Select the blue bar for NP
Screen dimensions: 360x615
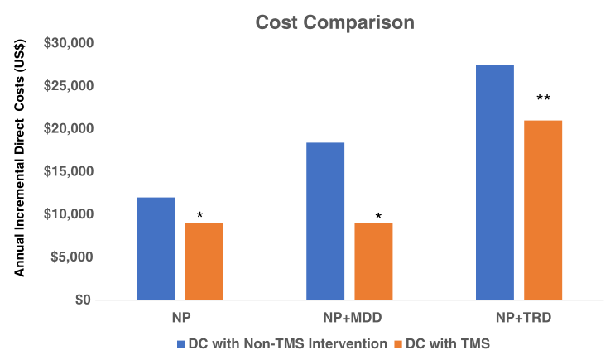(x=156, y=248)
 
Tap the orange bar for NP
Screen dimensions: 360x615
(x=204, y=261)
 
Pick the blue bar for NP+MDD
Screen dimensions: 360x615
(x=325, y=221)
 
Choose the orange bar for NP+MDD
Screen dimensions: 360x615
(x=373, y=261)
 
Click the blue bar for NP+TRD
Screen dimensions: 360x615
(x=495, y=182)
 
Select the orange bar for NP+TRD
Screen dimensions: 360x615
(x=543, y=210)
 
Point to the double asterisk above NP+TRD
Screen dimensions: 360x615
(x=543, y=99)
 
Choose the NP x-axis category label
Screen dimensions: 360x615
(x=180, y=317)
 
